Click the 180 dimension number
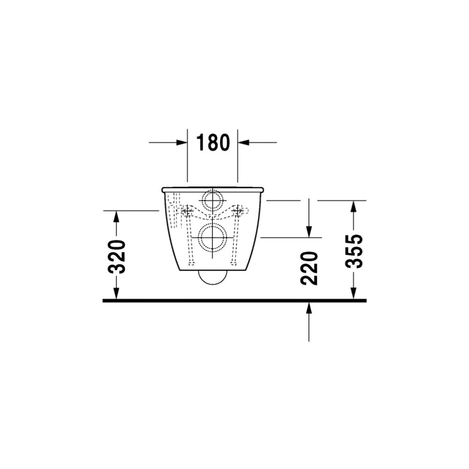[212, 143]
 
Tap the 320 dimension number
[116, 257]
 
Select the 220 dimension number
[309, 268]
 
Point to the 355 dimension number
[354, 251]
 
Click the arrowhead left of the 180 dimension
[182, 143]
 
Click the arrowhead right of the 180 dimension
[243, 143]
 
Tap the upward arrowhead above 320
[116, 216]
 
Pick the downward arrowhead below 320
[116, 293]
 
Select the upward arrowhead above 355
[354, 206]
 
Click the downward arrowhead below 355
[354, 293]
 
